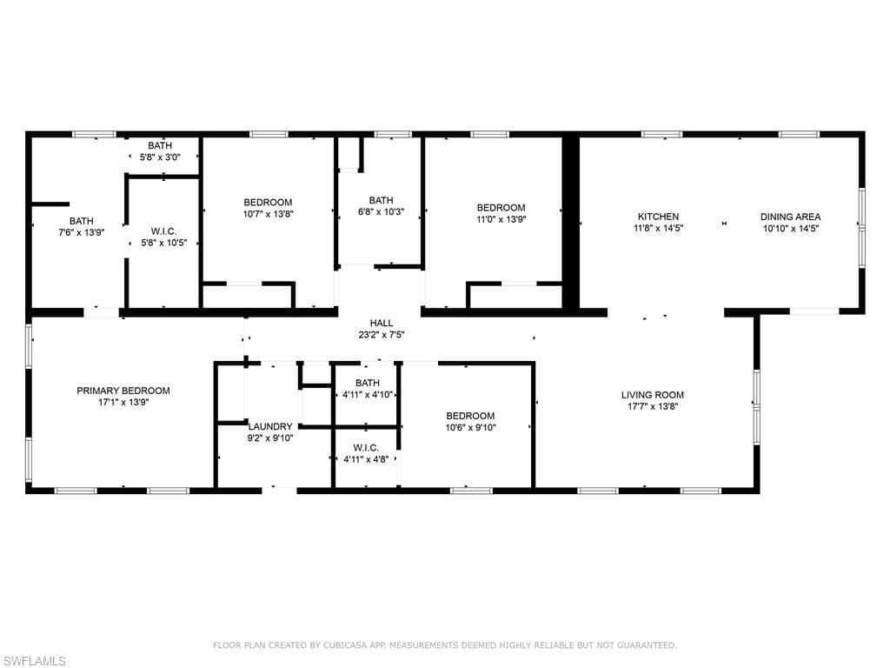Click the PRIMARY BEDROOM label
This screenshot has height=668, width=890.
click(123, 391)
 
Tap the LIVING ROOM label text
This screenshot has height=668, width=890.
click(653, 395)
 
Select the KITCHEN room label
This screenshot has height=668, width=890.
click(659, 217)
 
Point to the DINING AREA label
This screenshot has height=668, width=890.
click(791, 217)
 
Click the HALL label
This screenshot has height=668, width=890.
click(382, 324)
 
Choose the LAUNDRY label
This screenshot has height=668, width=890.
click(271, 426)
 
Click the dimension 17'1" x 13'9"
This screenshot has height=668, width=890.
click(123, 402)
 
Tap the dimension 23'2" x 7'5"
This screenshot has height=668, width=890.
click(382, 335)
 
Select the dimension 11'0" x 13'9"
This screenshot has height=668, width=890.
click(501, 219)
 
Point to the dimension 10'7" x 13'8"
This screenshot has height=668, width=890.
click(268, 214)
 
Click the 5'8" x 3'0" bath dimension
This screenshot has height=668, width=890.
click(160, 157)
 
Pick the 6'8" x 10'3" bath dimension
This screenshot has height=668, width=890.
click(381, 212)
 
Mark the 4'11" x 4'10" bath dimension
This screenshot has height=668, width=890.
click(368, 395)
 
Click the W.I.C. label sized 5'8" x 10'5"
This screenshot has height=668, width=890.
click(164, 231)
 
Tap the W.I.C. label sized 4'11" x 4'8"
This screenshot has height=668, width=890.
click(366, 448)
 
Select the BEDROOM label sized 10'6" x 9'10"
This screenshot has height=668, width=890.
click(470, 416)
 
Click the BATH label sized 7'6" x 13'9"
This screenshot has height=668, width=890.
click(82, 221)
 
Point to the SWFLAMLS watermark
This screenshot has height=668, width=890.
click(33, 661)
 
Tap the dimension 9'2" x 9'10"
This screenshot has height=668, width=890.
click(271, 438)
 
